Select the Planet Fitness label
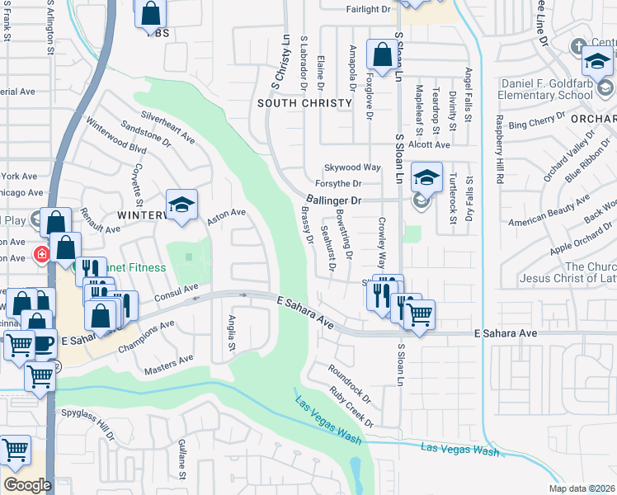(x=132, y=267)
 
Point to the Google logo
(x=27, y=484)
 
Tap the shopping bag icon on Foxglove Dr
(x=382, y=56)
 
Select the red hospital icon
(x=41, y=253)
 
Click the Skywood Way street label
(x=352, y=167)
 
